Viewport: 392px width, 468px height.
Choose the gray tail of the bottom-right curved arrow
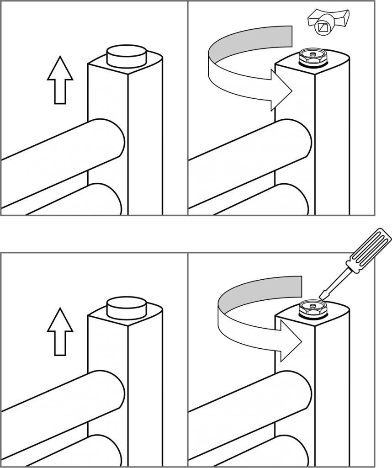pyautogui.click(x=270, y=288)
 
